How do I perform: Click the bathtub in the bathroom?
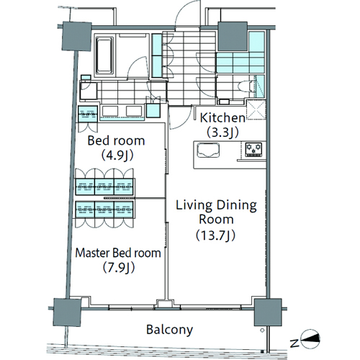[x=104, y=55]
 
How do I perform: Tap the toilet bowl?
[x=246, y=86]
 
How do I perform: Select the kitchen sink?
[x=208, y=150]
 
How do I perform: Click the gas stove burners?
[x=253, y=150]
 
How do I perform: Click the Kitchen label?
[x=222, y=118]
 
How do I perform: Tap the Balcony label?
[x=169, y=330]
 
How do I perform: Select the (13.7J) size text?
[x=215, y=235]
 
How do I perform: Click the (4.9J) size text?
[x=117, y=156]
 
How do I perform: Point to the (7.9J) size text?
[x=119, y=268]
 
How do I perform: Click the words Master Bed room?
[x=118, y=253]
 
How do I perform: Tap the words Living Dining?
[x=216, y=206]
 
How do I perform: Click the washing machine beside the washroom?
[x=89, y=91]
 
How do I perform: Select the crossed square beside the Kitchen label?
[x=256, y=109]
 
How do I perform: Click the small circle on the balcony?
[x=262, y=330]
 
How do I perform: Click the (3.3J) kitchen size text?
[x=223, y=132]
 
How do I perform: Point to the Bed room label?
[x=116, y=140]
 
